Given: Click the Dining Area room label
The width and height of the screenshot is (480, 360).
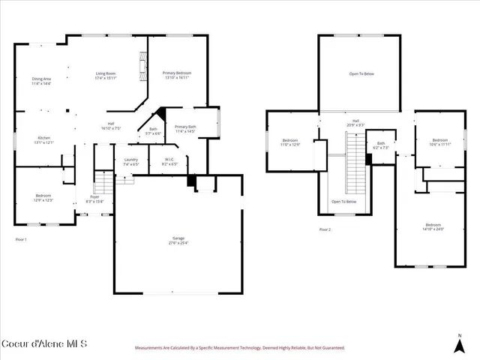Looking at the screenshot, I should (41, 81).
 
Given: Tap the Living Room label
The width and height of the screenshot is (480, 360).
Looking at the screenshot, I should (106, 75).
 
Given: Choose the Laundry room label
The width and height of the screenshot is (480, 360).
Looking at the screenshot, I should (130, 161).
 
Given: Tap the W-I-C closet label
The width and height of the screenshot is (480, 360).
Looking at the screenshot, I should (169, 161).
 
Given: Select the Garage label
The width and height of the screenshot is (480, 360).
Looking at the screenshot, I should (177, 241).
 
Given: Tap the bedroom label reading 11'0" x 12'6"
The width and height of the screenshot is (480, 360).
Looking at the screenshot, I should (290, 142).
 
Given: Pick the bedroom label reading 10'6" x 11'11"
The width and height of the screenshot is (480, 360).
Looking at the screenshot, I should (440, 142).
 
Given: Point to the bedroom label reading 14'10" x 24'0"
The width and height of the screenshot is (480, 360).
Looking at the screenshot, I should (433, 227).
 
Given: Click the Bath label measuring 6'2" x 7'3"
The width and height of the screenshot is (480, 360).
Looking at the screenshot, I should (381, 145).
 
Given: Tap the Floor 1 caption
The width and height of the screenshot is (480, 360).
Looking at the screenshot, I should (21, 239).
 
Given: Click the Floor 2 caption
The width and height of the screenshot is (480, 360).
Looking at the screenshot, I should (324, 229).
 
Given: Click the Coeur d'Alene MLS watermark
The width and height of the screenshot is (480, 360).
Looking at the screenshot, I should (44, 344).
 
